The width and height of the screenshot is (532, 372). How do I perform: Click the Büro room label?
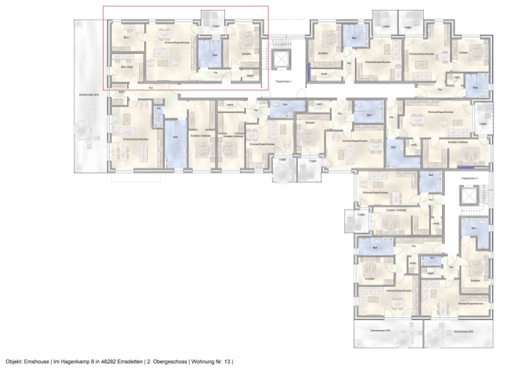(126, 38)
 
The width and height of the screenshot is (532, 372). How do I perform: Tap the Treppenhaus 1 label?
(284, 85)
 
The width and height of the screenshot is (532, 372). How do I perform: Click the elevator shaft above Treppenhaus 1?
(283, 59)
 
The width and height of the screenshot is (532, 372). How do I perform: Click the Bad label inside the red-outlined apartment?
(215, 55)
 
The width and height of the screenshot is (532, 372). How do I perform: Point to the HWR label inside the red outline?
(250, 76)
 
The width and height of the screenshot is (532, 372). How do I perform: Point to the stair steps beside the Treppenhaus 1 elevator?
(269, 60)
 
